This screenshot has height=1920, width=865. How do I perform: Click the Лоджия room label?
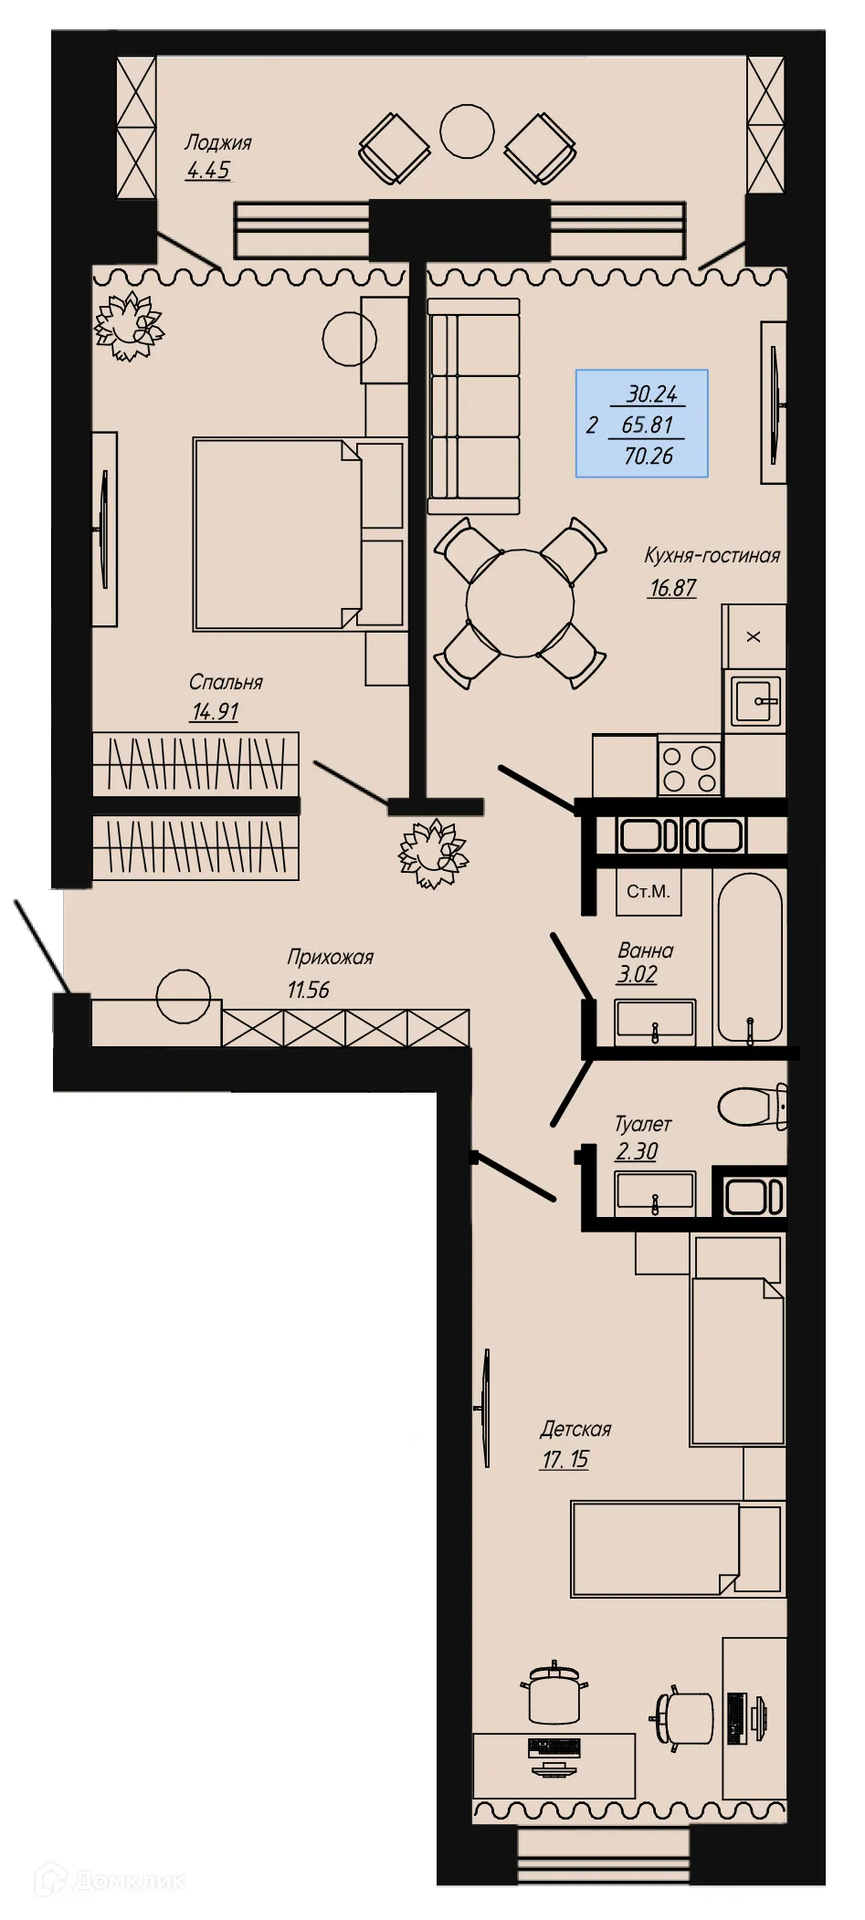pos(217,142)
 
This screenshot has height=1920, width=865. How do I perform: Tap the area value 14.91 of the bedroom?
pos(214,712)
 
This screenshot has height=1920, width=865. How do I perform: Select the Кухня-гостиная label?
pos(712,555)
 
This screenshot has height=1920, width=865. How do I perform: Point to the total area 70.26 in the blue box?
pos(648,456)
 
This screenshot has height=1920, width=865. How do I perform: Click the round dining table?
pos(521,603)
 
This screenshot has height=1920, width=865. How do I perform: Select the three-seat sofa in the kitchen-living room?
pos(474,406)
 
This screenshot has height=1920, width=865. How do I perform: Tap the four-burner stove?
pos(690,768)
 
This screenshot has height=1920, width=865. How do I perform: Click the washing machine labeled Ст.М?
pos(649,891)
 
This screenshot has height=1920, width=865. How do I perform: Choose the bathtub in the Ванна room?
pos(749,960)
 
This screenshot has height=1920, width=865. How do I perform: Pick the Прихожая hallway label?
pos(330,957)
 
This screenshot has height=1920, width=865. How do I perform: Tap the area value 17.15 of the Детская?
pos(564,1459)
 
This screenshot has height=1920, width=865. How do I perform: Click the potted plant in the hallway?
pos(434,855)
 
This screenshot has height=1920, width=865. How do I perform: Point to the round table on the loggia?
pos(467,131)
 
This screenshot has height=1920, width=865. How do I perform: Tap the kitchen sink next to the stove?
pos(755,700)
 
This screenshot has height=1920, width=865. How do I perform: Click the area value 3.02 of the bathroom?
pos(637,974)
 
